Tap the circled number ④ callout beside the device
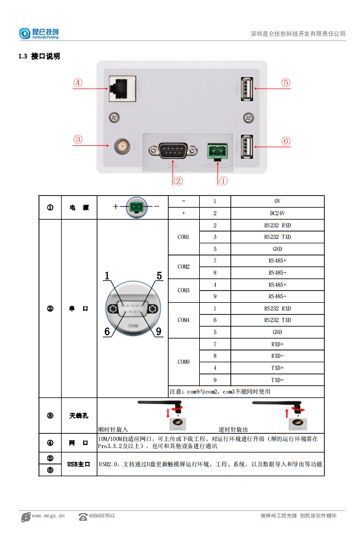(x=78, y=83)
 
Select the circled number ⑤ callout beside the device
(x=285, y=83)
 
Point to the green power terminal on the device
(x=216, y=150)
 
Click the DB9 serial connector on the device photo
(x=172, y=150)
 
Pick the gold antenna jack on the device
(x=121, y=146)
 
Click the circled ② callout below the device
(x=178, y=180)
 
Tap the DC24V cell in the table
(x=277, y=213)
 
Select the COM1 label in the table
(x=183, y=237)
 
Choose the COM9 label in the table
(x=183, y=362)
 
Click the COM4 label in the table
(x=183, y=320)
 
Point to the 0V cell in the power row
(x=277, y=201)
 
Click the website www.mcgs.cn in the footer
(x=48, y=516)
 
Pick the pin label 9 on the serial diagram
(x=158, y=331)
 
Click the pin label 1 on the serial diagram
(x=107, y=276)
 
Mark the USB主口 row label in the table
(x=79, y=464)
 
